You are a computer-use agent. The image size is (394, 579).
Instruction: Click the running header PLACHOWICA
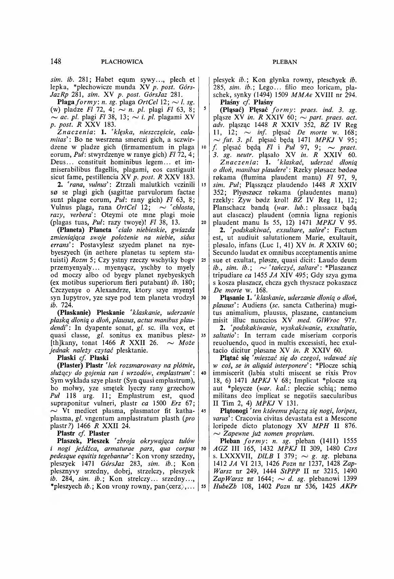click(x=122, y=62)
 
